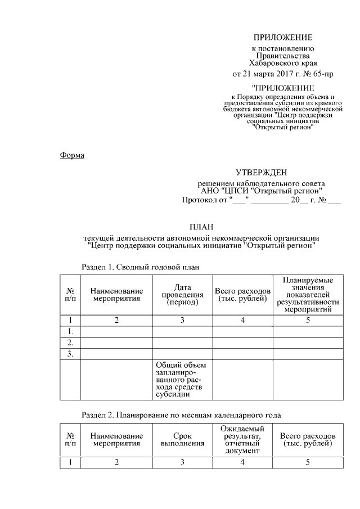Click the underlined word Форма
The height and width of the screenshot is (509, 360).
[x=72, y=155]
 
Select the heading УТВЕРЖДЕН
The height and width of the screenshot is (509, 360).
[x=261, y=173]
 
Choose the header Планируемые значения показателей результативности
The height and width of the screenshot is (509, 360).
[x=308, y=295]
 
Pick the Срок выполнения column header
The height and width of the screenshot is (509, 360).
[x=182, y=440]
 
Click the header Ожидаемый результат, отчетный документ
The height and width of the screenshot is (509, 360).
[x=243, y=440]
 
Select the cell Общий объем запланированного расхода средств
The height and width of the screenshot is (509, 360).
[x=182, y=379]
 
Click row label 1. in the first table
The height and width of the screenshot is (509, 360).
[x=71, y=331]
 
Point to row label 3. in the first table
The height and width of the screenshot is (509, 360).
[x=71, y=354]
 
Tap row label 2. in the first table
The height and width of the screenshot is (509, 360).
[x=71, y=343]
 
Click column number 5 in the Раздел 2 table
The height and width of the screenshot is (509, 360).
[x=308, y=462]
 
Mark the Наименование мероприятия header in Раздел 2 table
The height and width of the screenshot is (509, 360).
[x=116, y=440]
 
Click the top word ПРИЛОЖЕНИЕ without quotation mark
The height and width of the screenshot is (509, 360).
[x=282, y=38]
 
